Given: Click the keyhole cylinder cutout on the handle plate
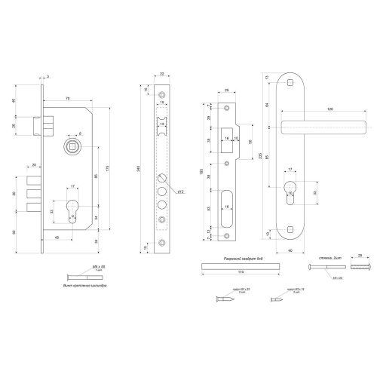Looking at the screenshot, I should pyautogui.click(x=290, y=194).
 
